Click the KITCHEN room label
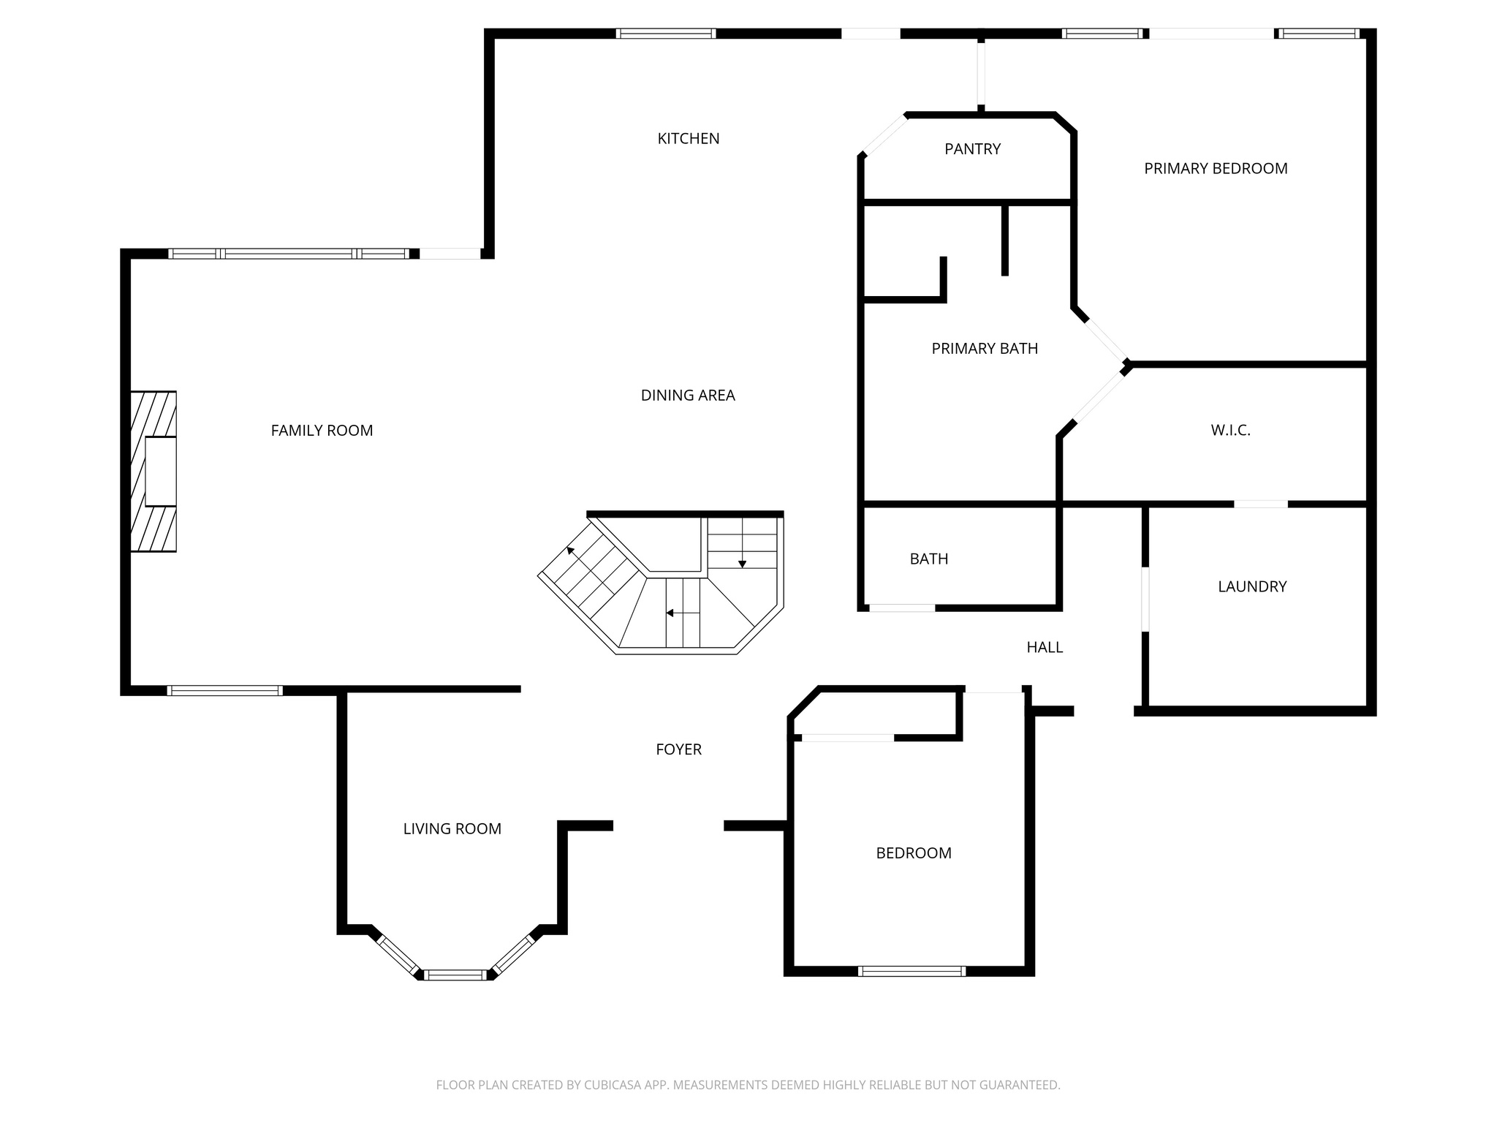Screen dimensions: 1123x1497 coord(688,138)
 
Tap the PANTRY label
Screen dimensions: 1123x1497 coord(972,149)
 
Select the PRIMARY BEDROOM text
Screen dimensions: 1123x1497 coord(1215,168)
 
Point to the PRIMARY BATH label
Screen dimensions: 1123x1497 coord(984,349)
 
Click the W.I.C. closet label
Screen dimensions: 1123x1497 coord(1230,431)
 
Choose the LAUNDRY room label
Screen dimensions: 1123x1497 coord(1251,586)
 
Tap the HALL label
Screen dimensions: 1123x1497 coord(1044,647)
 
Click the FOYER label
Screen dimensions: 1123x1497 coord(678,749)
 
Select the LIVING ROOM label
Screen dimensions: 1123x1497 coord(452,829)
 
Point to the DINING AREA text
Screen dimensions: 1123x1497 coord(687,396)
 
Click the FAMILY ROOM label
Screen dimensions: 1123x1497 coord(322,431)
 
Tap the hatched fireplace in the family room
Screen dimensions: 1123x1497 coord(154,471)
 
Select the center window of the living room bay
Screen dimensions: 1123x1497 coord(455,975)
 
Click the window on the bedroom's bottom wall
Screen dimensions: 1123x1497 coord(911,971)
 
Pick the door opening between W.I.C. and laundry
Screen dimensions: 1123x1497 coord(1260,504)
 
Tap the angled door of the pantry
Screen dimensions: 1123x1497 coord(884,135)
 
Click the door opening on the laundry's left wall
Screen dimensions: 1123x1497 coord(1145,599)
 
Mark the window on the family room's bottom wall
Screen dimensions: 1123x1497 coord(224,690)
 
